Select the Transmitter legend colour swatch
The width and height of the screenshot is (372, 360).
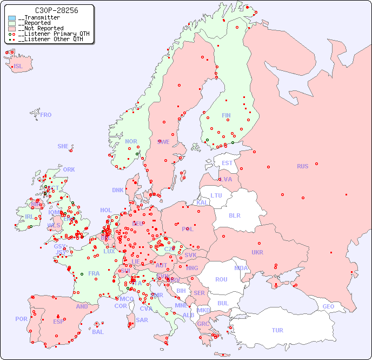pyautogui.click(x=12, y=18)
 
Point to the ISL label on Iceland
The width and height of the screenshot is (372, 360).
pyautogui.click(x=18, y=67)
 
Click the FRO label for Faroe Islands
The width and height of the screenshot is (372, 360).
pyautogui.click(x=46, y=115)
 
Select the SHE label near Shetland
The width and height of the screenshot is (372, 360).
pyautogui.click(x=63, y=147)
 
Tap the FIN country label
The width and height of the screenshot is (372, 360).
pyautogui.click(x=226, y=115)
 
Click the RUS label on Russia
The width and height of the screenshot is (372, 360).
pyautogui.click(x=302, y=166)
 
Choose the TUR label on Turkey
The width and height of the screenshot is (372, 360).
pyautogui.click(x=277, y=330)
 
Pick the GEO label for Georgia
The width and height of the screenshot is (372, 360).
pyautogui.click(x=328, y=306)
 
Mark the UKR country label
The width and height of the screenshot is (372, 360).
pyautogui.click(x=257, y=252)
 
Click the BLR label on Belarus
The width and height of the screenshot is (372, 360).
pyautogui.click(x=235, y=215)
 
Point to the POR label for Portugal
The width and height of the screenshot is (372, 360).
pyautogui.click(x=21, y=319)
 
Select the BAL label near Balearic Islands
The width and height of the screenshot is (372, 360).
pyautogui.click(x=98, y=332)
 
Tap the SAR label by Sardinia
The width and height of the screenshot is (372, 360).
pyautogui.click(x=142, y=320)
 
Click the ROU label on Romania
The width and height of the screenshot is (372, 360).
pyautogui.click(x=221, y=279)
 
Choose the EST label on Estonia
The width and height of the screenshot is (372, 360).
pyautogui.click(x=227, y=163)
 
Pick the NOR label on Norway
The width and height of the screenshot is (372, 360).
pyautogui.click(x=131, y=141)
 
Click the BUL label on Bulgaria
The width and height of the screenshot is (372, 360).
pyautogui.click(x=223, y=303)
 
